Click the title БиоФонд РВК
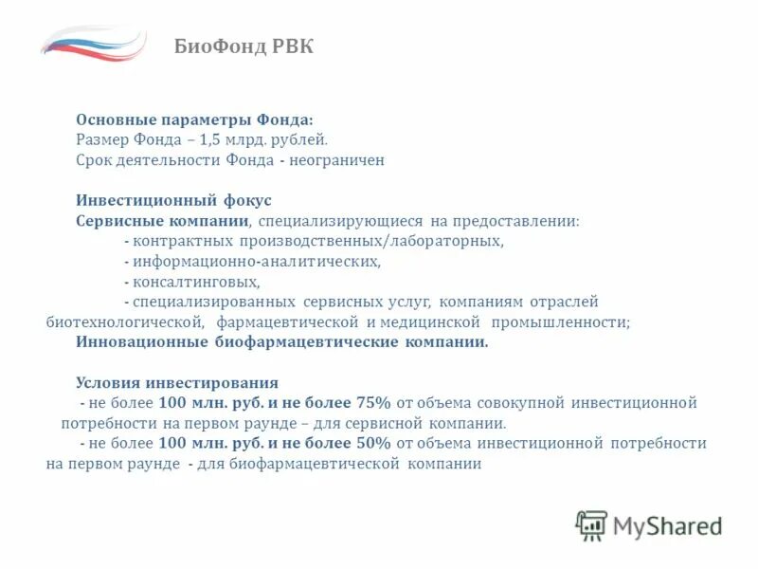(244, 47)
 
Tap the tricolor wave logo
(93, 43)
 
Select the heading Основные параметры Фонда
(194, 119)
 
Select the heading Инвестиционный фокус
(173, 200)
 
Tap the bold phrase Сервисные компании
(162, 220)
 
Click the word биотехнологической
(119, 322)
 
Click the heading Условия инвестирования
(177, 383)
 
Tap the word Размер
(99, 139)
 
